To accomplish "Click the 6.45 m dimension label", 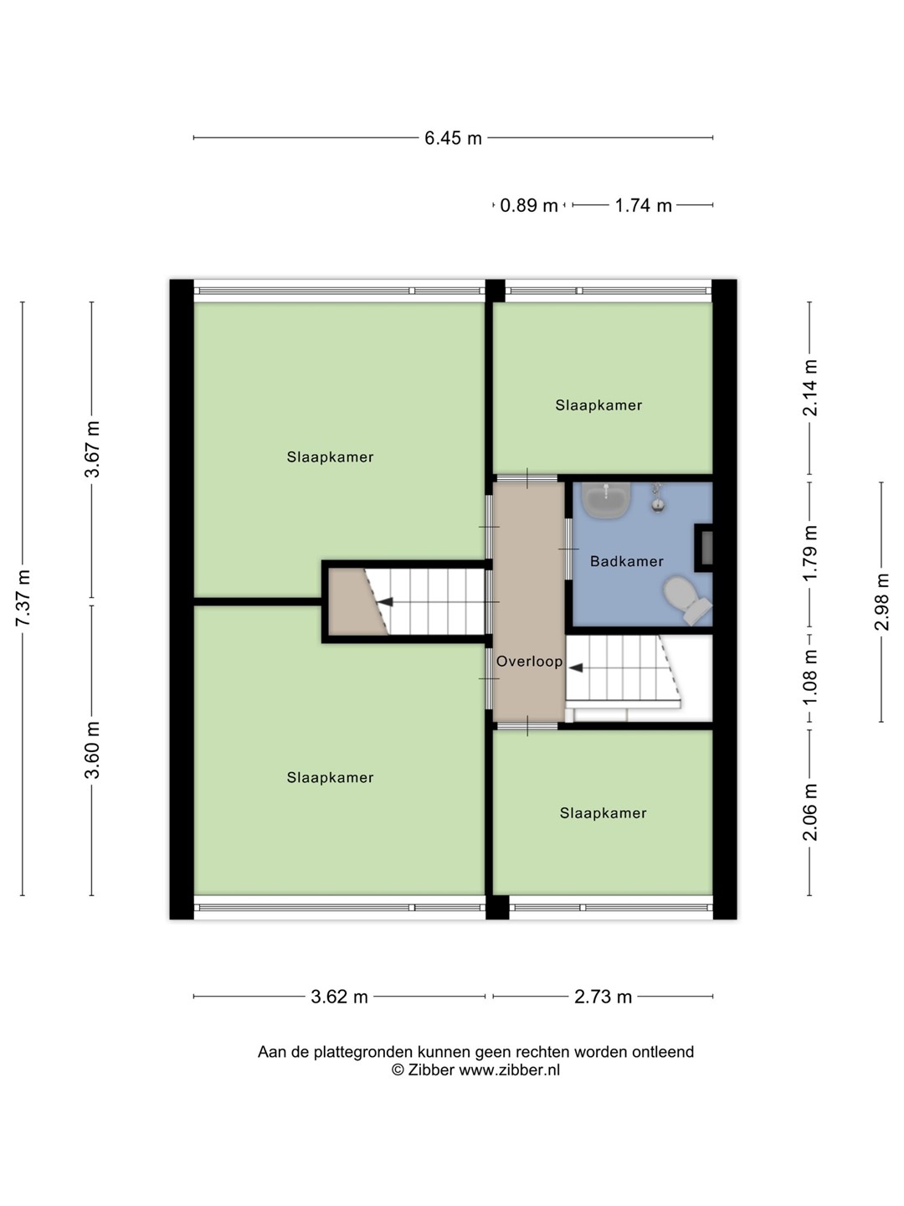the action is coord(453,138).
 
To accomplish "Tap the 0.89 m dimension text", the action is coord(528,205).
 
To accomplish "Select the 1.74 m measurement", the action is coord(643,205).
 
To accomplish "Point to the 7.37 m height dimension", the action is coord(23,598).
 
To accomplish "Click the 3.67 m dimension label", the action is coord(92,450).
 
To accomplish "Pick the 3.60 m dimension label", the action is coord(92,750).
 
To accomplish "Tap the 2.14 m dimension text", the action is coord(810,388).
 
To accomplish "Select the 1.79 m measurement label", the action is coord(810,554).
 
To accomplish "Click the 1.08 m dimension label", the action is coord(810,678).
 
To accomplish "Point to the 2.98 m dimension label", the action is coord(882,601).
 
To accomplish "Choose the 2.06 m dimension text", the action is coord(810,812).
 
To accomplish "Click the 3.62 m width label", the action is coord(339,997).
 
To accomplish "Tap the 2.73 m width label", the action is coord(603,997).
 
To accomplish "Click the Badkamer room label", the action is coord(627,561).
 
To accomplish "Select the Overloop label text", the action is coord(530,662).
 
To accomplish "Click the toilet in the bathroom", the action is coord(687,600).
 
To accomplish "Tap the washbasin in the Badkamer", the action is coord(606,500).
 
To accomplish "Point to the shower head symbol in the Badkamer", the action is coord(658,497).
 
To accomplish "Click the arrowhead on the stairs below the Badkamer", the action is coord(576,668).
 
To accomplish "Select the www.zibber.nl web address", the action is coord(510,1069).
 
